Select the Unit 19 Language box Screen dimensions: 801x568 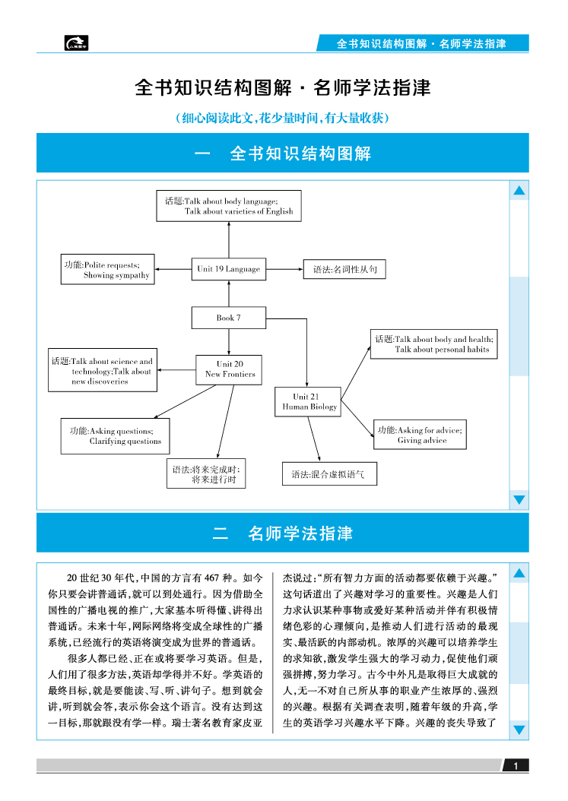[228, 268]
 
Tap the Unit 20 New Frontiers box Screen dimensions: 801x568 [230, 369]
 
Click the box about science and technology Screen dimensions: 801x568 [102, 372]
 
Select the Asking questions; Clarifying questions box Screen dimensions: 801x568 [116, 436]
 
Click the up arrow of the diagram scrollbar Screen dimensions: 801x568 [519, 191]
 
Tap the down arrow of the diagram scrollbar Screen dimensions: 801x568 [519, 499]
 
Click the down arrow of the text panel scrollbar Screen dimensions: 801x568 [519, 730]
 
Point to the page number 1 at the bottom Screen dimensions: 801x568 [516, 765]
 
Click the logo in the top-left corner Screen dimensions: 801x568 [76, 44]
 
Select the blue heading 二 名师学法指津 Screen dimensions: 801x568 [282, 533]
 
